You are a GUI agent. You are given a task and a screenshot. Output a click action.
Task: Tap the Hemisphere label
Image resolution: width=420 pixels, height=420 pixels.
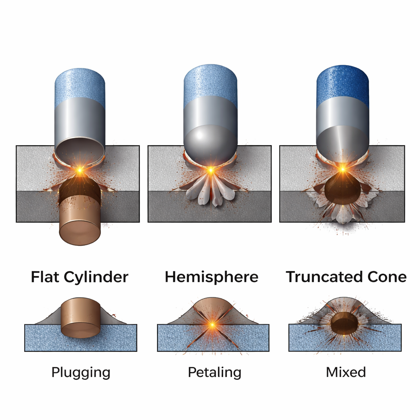[x=211, y=277]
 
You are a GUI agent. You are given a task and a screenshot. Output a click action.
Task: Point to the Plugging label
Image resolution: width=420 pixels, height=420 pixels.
[x=81, y=372]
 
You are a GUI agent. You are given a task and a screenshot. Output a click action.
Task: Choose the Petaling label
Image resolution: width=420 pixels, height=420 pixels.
[x=215, y=372]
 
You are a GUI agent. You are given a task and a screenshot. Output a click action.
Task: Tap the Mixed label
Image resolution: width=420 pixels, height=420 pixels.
[x=346, y=372]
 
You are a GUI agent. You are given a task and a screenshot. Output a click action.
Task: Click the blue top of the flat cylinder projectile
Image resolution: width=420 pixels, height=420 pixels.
[x=80, y=84]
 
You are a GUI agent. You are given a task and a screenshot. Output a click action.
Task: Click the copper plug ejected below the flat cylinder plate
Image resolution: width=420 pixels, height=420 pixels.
[x=80, y=228]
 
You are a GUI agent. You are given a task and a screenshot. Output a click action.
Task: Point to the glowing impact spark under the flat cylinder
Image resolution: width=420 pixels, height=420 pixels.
[x=80, y=169]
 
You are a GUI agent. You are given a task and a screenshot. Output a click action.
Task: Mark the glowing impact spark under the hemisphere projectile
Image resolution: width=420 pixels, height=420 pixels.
[x=210, y=169]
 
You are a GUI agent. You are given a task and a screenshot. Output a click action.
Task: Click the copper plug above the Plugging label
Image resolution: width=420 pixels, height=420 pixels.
[x=81, y=318]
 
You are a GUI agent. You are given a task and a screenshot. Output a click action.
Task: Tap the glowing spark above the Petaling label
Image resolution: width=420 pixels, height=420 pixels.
[x=212, y=325]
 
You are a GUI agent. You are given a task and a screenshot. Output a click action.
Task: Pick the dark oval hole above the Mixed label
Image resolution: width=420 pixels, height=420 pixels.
[x=344, y=323]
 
